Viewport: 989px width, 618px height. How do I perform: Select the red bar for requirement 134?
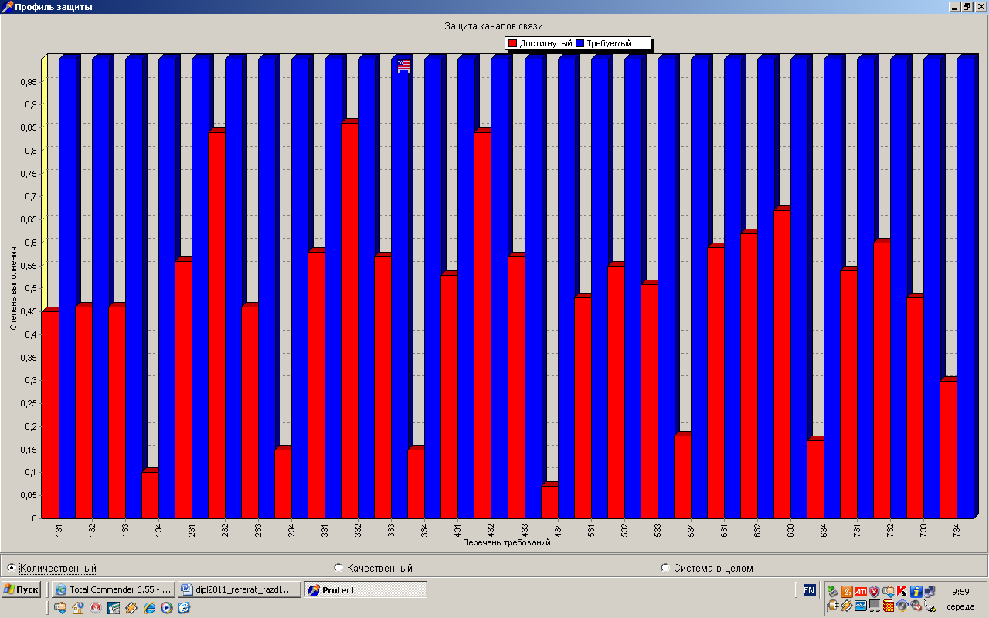click(149, 494)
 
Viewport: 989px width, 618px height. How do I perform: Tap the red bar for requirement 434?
click(549, 501)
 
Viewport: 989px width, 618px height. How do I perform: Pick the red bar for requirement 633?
click(781, 363)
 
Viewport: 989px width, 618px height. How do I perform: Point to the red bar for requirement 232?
click(216, 324)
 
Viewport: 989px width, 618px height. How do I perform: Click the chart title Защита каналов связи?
click(494, 26)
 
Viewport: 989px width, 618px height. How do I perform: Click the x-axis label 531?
click(590, 531)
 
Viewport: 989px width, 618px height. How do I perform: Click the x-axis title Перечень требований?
click(506, 542)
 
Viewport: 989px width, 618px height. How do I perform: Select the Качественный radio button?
click(338, 568)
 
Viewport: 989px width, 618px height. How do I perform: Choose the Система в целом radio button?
click(665, 568)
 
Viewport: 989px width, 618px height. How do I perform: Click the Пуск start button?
click(21, 589)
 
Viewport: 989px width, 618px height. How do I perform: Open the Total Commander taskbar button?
click(113, 589)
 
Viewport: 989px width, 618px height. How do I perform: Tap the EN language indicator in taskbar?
click(809, 590)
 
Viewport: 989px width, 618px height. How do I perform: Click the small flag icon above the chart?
click(404, 66)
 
